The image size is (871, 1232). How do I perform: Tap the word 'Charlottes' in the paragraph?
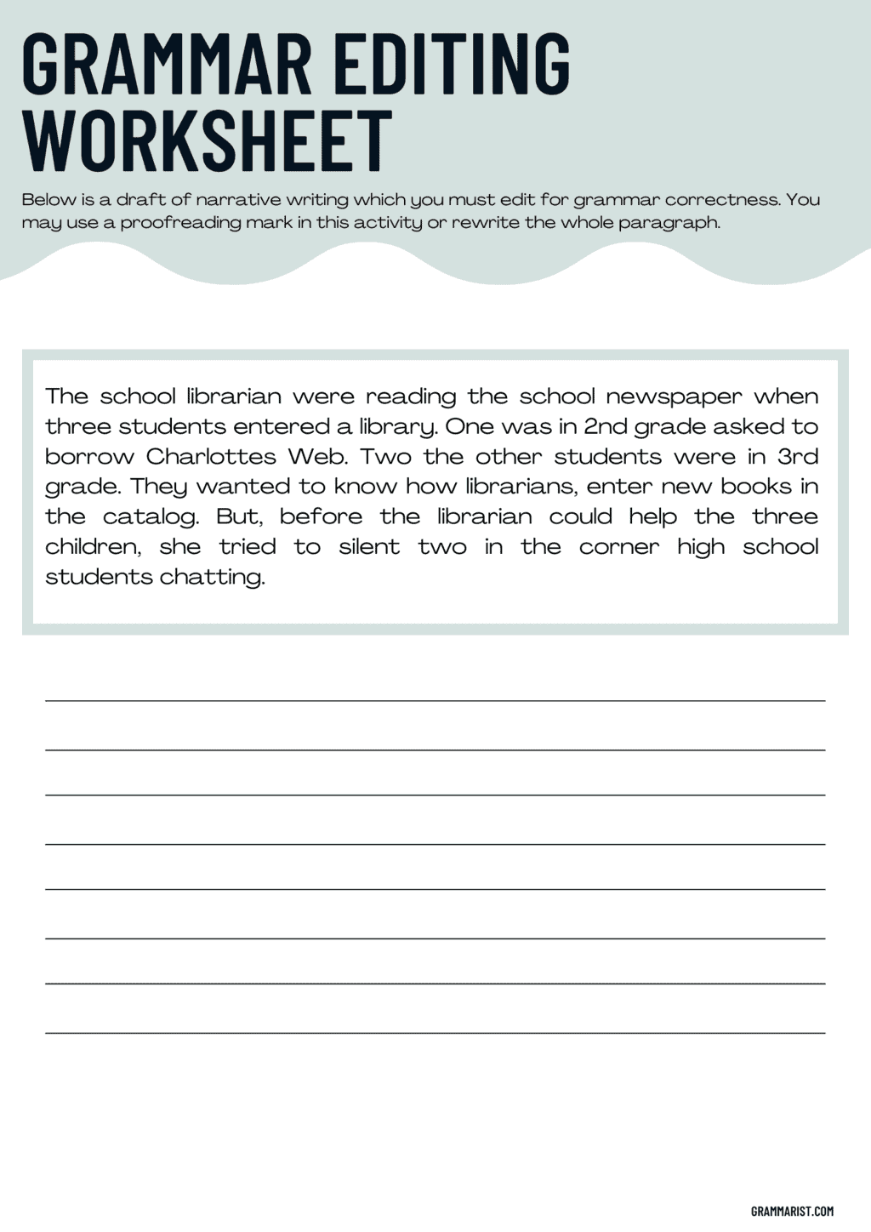(x=211, y=457)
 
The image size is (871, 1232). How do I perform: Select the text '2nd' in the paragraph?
(x=603, y=426)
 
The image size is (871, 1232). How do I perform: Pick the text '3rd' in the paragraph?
(x=798, y=457)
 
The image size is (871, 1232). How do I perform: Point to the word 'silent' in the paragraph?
(x=369, y=547)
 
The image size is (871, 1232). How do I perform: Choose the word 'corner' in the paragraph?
(x=618, y=547)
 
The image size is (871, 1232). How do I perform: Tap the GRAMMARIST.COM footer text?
(x=792, y=1211)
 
